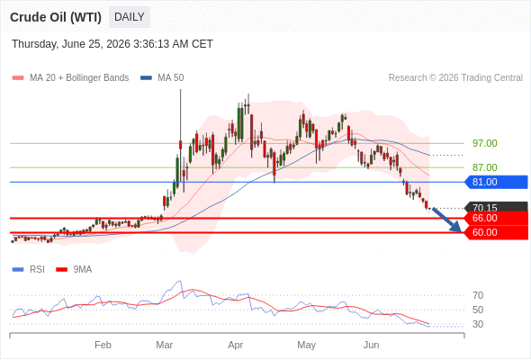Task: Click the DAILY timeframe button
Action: (x=130, y=17)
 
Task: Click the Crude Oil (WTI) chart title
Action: (x=56, y=17)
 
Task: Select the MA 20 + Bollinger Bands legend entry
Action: (x=70, y=78)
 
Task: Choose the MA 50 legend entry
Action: (x=162, y=78)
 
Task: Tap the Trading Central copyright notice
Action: (x=455, y=78)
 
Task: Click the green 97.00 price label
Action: (x=485, y=143)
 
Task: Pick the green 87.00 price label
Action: (x=485, y=167)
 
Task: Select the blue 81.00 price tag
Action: (x=496, y=182)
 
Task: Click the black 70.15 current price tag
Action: (x=496, y=206)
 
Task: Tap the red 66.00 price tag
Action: (x=496, y=218)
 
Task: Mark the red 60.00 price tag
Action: (x=496, y=233)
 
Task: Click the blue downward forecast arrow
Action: (x=447, y=220)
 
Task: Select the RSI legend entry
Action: (x=29, y=270)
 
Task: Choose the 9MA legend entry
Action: (x=74, y=270)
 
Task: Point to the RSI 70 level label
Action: (x=478, y=296)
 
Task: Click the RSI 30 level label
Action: (x=478, y=324)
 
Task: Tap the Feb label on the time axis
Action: (x=103, y=345)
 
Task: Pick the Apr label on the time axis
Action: (x=236, y=345)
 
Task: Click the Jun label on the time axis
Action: (x=371, y=345)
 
